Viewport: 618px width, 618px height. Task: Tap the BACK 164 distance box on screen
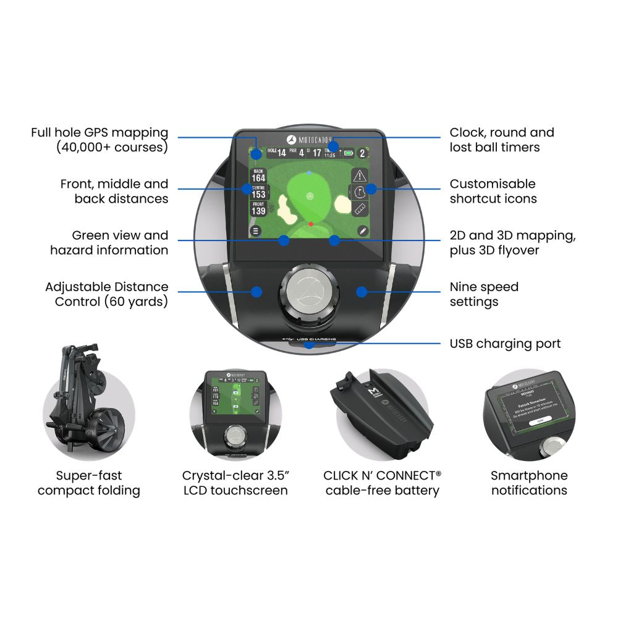(x=258, y=175)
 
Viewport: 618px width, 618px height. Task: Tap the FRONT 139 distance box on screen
(x=258, y=208)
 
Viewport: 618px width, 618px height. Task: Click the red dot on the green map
(x=311, y=224)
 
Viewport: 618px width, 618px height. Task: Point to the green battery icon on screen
(x=350, y=153)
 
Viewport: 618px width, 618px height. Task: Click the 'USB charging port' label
(x=505, y=344)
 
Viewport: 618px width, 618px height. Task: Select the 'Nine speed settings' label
(x=484, y=294)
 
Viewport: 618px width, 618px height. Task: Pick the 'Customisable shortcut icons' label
(x=493, y=191)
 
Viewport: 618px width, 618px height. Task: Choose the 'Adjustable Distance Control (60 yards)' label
(x=106, y=294)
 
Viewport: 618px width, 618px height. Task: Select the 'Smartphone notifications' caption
(x=529, y=483)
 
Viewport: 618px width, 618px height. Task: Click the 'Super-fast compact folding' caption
(x=89, y=483)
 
